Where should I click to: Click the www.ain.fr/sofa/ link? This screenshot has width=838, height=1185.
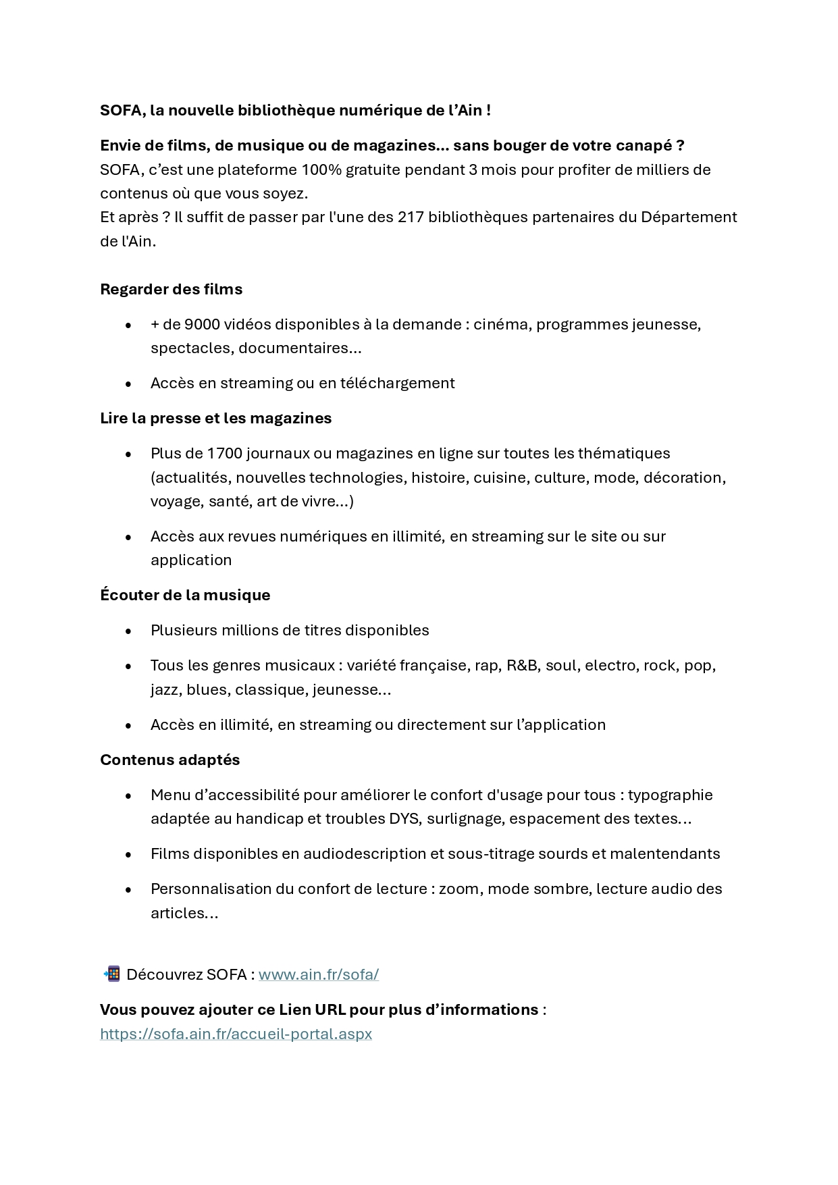point(318,974)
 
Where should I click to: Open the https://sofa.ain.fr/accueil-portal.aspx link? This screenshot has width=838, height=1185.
point(236,1034)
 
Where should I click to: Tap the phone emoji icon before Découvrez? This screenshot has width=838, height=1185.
point(111,974)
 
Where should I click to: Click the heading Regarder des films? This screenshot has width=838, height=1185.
point(171,289)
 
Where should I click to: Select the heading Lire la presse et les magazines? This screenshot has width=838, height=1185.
point(215,418)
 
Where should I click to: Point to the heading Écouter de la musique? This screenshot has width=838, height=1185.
point(185,595)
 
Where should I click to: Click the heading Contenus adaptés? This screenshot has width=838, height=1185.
point(169,760)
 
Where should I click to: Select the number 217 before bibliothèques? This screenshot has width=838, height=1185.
point(411,217)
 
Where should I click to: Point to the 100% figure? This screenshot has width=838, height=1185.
point(321,169)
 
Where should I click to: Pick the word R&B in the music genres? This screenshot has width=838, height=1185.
point(522,666)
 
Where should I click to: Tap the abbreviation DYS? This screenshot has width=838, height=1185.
point(404,819)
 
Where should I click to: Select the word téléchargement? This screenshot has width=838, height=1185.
point(397,384)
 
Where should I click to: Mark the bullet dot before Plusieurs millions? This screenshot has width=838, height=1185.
point(128,631)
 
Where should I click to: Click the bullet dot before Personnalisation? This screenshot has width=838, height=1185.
point(128,890)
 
